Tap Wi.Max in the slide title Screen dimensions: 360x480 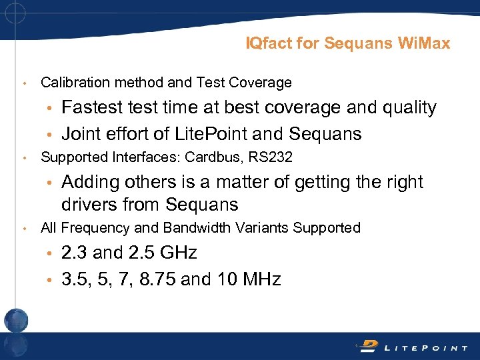click(x=424, y=44)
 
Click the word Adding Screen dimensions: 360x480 click(x=89, y=183)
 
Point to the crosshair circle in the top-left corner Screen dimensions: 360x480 click(x=14, y=13)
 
